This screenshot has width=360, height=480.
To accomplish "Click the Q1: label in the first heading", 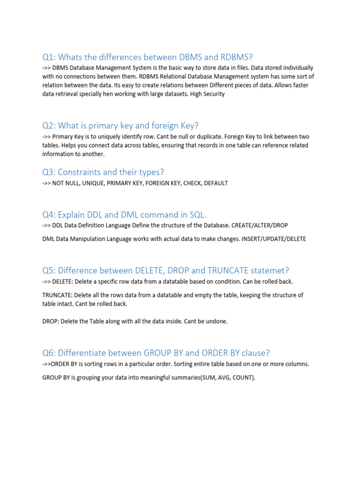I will click(x=50, y=57).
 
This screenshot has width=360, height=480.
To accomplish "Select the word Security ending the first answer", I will click(x=214, y=94).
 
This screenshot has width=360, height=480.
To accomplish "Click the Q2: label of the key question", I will click(x=50, y=126).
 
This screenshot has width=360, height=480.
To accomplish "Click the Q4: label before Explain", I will click(x=50, y=215).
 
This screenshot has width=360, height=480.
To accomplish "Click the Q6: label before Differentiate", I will click(x=50, y=353).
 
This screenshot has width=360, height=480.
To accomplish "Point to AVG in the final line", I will click(x=224, y=377).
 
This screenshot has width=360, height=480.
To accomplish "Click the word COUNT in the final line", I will click(x=243, y=377).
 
